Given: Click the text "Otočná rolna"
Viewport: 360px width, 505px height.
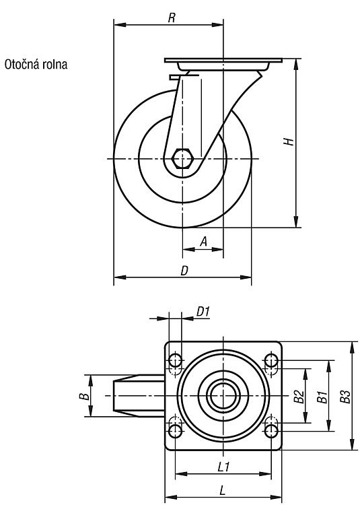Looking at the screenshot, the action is coord(36,65).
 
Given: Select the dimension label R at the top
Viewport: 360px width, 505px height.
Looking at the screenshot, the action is coord(172,18).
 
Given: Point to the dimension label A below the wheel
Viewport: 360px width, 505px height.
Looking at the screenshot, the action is coord(204,241).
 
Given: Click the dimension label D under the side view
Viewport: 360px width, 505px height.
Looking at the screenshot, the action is coord(184,271).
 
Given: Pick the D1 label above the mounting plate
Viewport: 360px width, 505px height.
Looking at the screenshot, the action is coord(203,312).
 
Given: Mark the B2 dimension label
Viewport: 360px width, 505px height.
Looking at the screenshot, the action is coord(299,396).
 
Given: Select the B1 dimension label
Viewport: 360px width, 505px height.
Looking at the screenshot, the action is coord(322,397).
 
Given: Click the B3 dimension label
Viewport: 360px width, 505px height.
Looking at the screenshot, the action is coord(345,397).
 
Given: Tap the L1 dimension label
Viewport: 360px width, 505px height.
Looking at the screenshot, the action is coord(223,467).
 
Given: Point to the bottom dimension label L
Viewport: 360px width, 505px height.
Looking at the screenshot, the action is coord(222,491).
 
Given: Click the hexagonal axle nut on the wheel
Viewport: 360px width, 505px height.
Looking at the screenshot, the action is coord(182,158).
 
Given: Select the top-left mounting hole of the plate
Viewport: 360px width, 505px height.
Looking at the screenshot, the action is coord(175,360).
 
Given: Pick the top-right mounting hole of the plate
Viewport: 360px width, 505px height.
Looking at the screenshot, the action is coord(272,360).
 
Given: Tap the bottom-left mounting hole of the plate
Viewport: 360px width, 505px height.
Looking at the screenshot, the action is coord(175,431).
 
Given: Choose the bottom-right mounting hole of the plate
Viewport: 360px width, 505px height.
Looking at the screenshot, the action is coord(272,431).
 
